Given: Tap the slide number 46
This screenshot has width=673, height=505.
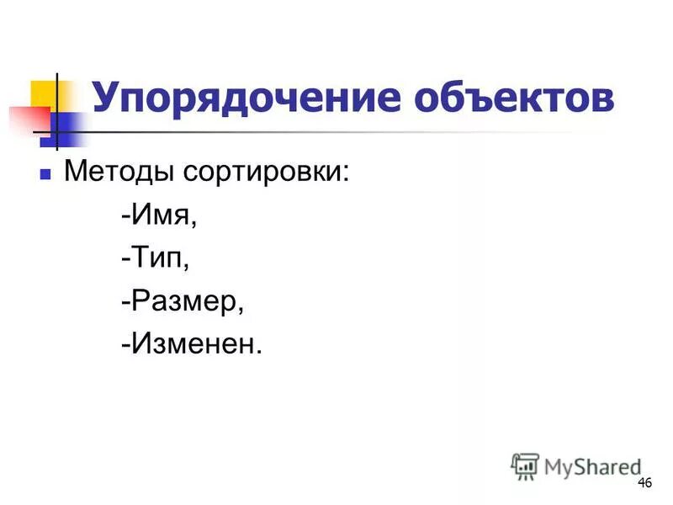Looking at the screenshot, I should pyautogui.click(x=645, y=482).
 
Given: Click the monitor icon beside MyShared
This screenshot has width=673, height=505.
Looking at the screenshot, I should pyautogui.click(x=525, y=465).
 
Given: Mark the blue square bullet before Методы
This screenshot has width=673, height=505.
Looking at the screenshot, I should pyautogui.click(x=47, y=175).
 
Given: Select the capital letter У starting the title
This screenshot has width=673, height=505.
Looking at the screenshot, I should pyautogui.click(x=107, y=98).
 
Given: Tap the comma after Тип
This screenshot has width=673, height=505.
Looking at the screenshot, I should pyautogui.click(x=187, y=266).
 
